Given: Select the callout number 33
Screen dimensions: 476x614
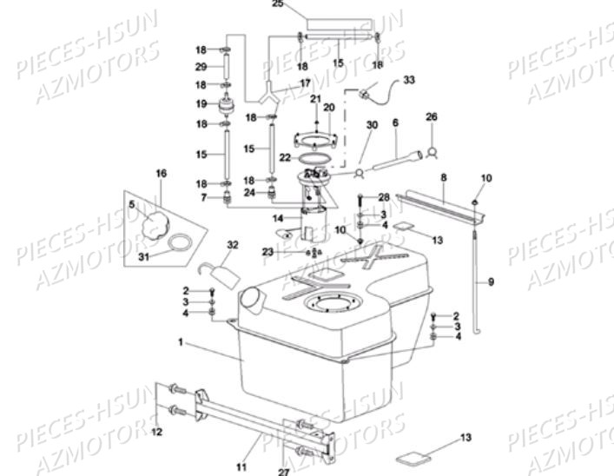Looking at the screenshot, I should [x=408, y=80].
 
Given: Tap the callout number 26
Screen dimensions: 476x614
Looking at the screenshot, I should [x=432, y=116].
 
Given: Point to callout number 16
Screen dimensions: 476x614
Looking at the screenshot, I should [x=160, y=174].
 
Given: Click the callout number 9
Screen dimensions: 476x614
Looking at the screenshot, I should [x=490, y=281].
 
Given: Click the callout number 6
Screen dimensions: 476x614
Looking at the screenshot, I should [x=394, y=124].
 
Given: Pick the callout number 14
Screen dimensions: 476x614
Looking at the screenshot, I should [x=278, y=217].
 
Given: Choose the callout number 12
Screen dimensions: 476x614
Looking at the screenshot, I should [x=156, y=430].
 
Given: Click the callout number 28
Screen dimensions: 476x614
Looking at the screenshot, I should [x=383, y=198].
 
